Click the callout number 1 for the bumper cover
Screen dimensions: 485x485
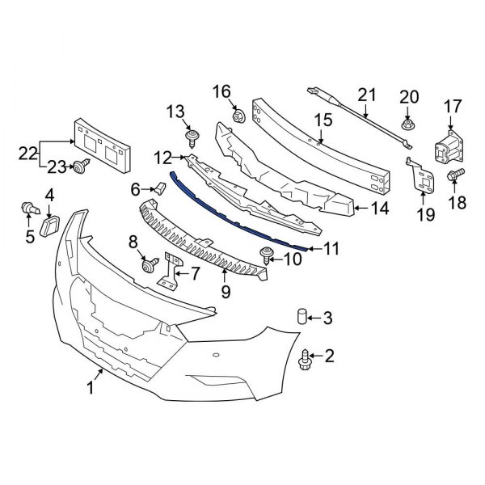[91, 389]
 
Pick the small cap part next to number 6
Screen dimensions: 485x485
[158, 189]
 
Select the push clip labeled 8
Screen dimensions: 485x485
[149, 264]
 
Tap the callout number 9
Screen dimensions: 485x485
[226, 290]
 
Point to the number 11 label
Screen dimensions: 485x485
[332, 249]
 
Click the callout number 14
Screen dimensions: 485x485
[379, 208]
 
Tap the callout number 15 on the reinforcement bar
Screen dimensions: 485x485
[323, 120]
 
